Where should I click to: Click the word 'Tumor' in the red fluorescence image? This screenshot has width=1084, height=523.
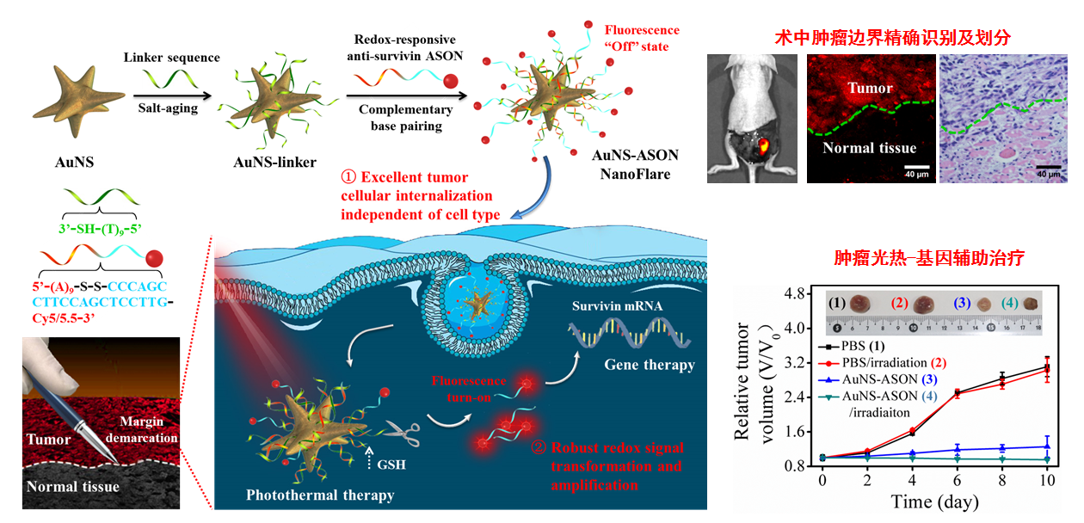870,88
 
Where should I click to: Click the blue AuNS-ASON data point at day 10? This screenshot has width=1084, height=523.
1047,446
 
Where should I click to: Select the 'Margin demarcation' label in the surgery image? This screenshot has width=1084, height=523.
142,431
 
